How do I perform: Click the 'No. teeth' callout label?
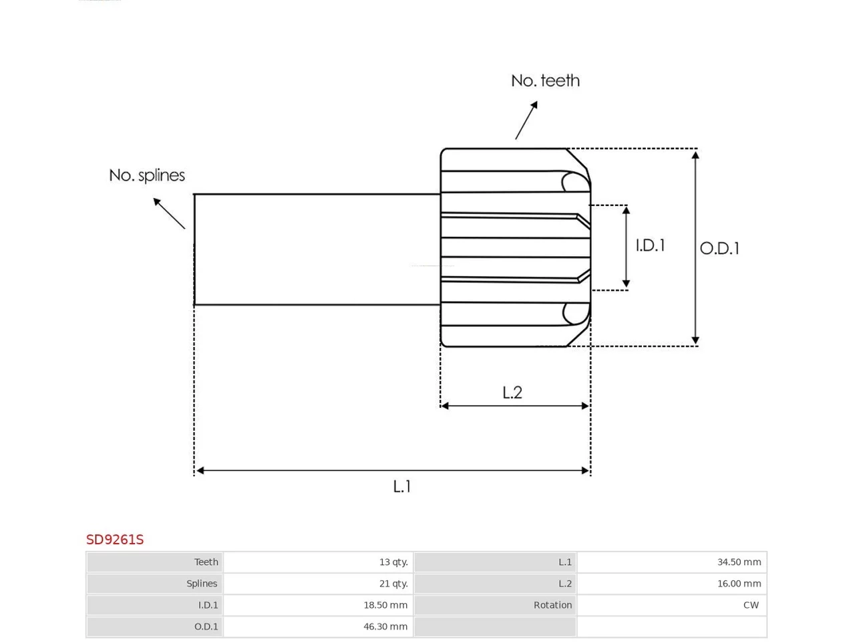tap(545, 81)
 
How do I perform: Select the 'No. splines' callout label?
tap(147, 175)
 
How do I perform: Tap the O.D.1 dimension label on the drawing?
tap(719, 248)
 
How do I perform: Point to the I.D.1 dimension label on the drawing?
tap(650, 245)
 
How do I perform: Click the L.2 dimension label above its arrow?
tap(512, 393)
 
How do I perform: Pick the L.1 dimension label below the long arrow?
tap(401, 486)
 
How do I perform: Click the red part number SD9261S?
tap(115, 540)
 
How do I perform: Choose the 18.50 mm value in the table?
tap(385, 605)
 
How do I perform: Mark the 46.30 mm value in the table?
tap(385, 627)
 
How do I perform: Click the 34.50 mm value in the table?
tap(739, 562)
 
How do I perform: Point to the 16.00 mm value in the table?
tap(739, 584)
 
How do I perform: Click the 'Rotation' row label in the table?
tap(552, 605)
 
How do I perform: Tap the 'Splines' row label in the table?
tap(202, 584)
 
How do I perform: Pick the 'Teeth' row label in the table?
tap(206, 562)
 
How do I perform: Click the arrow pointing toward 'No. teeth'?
tap(526, 120)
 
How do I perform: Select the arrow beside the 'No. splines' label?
tap(169, 213)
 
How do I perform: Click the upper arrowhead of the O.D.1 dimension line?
tap(695, 154)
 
